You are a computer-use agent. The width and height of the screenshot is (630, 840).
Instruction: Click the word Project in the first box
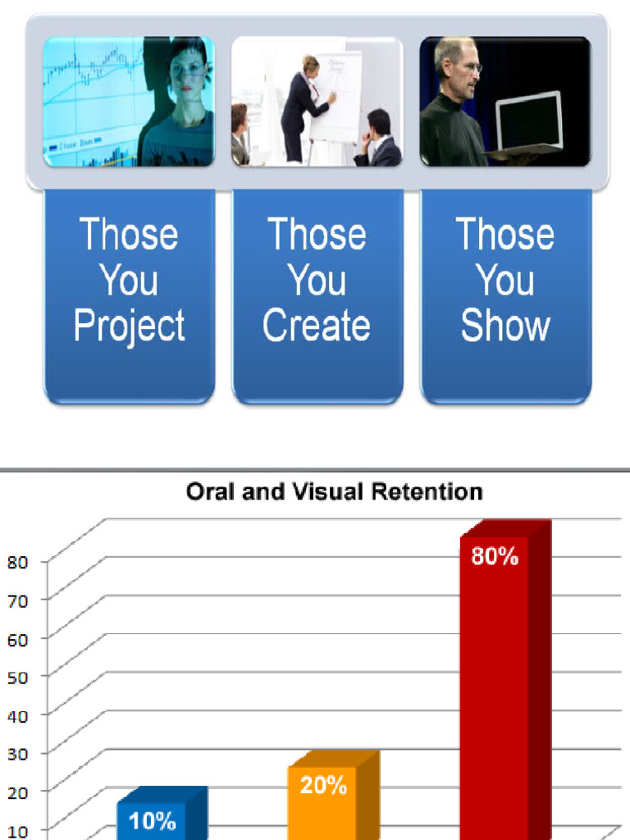129,326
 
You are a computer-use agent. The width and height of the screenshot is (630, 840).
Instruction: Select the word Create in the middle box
317,326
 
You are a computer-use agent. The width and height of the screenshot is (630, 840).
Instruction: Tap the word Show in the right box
505,326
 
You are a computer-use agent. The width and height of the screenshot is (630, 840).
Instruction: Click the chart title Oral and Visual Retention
334,491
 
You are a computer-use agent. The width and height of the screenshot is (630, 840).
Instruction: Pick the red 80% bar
495,697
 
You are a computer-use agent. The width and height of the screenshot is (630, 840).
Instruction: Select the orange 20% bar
322,808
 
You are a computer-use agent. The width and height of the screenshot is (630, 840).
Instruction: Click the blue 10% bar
152,824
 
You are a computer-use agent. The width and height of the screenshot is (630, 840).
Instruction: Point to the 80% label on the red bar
495,557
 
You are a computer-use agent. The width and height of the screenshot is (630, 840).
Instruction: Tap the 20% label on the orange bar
322,786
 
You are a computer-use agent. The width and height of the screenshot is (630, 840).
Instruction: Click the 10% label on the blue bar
152,820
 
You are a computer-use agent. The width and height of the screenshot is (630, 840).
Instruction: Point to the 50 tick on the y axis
18,676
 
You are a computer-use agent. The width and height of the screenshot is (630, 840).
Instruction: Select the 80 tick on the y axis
18,562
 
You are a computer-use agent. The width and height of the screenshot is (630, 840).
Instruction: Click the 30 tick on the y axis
18,752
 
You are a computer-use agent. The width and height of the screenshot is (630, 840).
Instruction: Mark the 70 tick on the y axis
18,600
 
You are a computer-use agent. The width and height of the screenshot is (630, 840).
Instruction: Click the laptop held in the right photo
529,123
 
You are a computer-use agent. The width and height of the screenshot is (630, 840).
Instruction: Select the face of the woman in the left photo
186,72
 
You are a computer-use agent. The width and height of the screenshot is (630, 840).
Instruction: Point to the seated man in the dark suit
378,141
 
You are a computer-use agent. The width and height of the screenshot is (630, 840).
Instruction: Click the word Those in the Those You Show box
505,235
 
